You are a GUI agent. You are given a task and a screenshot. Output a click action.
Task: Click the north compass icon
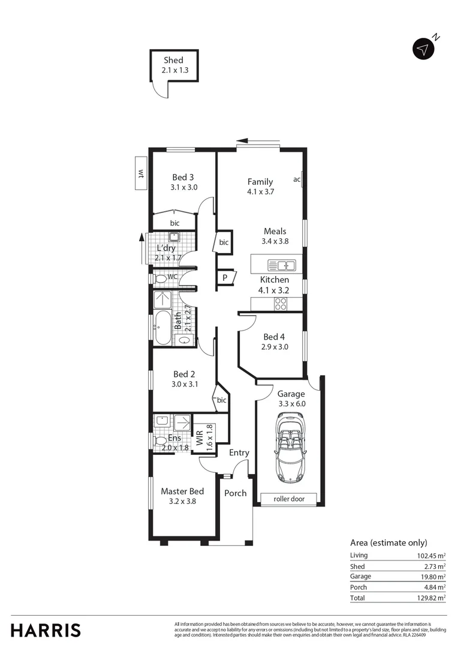(424, 49)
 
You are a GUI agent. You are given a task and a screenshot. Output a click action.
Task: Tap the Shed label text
(174, 60)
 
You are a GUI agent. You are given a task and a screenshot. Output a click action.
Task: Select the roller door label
(289, 499)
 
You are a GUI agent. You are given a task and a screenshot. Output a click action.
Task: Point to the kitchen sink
(281, 265)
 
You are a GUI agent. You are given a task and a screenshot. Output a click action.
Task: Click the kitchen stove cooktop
(281, 304)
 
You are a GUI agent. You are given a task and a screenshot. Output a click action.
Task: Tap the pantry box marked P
(225, 277)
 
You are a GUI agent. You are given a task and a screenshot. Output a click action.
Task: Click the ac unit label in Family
(297, 179)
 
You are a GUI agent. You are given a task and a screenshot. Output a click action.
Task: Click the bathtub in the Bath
(162, 327)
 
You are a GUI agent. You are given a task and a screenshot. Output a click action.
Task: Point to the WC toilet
(161, 278)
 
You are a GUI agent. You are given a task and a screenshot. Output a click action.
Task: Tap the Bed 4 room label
(274, 337)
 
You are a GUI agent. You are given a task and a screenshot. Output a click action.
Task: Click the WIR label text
(199, 437)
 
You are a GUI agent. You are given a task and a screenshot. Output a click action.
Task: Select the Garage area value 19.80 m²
(431, 577)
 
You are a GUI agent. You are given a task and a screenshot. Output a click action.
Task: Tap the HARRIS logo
(46, 630)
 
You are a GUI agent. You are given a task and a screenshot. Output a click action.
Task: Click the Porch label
(236, 493)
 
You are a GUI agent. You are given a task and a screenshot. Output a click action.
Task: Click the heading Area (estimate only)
(388, 542)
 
